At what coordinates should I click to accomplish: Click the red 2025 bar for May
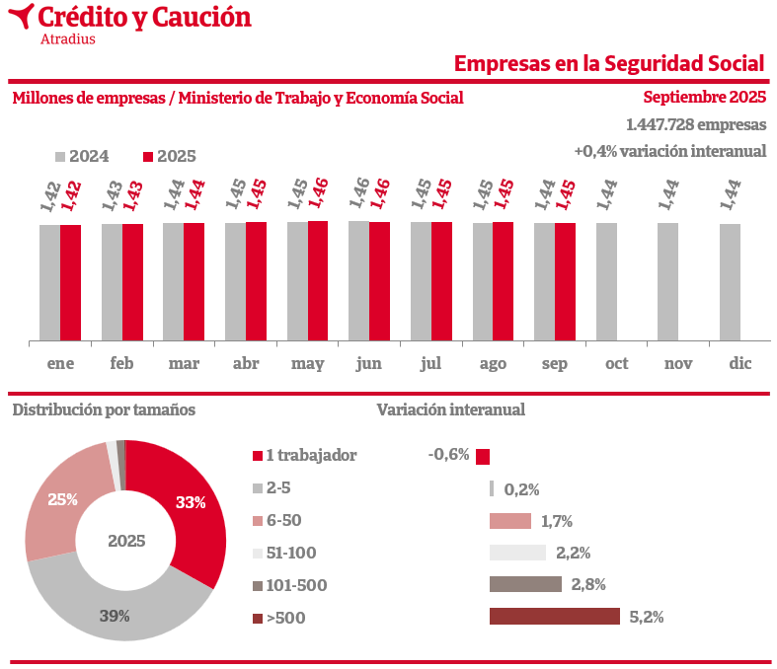[318, 281]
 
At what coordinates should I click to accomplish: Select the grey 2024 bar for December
[730, 283]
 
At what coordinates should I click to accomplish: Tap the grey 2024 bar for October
[606, 282]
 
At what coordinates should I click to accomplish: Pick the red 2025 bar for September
[565, 282]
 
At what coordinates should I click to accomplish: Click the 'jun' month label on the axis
[368, 363]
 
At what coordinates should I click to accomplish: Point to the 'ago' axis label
[493, 363]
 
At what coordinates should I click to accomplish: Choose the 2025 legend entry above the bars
[170, 156]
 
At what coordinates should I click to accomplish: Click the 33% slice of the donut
[188, 503]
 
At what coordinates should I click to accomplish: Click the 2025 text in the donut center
[126, 541]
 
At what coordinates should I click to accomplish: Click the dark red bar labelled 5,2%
[555, 617]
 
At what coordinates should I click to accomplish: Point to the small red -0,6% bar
[483, 456]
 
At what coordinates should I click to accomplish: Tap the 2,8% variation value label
[588, 584]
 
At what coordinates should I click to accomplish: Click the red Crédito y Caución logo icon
[20, 18]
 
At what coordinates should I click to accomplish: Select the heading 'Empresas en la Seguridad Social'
[609, 63]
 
